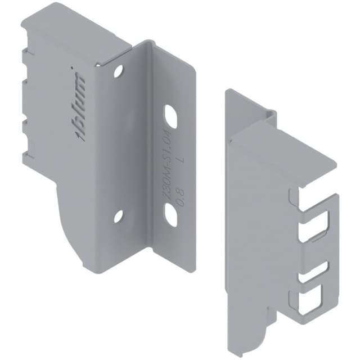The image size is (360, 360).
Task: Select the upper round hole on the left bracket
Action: pyautogui.click(x=118, y=71)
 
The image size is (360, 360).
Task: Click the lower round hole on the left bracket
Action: pyautogui.click(x=118, y=215)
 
